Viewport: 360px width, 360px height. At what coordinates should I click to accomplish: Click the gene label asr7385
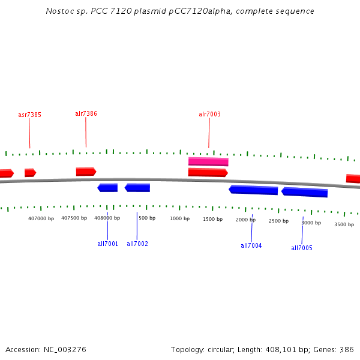coord(29,115)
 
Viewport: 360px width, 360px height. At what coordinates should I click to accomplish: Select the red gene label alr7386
coord(86,113)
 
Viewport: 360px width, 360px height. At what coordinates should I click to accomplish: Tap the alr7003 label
coord(209,114)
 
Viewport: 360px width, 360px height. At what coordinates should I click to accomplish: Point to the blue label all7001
coord(107,244)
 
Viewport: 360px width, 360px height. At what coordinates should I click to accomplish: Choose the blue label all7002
coord(137,244)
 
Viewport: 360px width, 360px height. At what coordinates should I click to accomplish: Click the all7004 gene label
coord(251,245)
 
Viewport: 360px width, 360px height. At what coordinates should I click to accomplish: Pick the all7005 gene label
coord(302,248)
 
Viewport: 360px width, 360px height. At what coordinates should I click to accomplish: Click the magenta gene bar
coord(208,161)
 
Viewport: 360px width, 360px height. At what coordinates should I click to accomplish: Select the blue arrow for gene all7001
coord(107,188)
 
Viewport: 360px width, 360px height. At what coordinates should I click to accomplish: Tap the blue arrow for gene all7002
coord(137,188)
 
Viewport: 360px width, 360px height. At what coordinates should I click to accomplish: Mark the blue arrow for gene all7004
coord(253,190)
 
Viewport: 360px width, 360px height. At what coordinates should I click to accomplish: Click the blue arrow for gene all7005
coord(304,193)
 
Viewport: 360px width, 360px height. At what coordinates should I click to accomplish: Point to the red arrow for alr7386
coord(86,172)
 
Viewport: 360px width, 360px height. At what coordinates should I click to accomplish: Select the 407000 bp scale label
coord(41,218)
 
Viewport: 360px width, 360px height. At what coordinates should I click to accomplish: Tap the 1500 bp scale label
coord(212,219)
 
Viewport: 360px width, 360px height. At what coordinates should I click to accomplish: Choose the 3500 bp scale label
coord(344,224)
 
